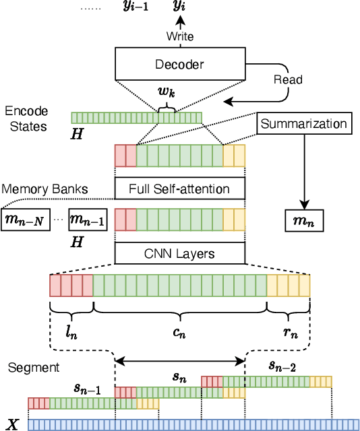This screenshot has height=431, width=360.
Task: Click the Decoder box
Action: pyautogui.click(x=180, y=64)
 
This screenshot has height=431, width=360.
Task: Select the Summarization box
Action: pyautogui.click(x=304, y=124)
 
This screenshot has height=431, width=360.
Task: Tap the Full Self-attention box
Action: pyautogui.click(x=179, y=189)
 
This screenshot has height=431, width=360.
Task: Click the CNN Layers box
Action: pyautogui.click(x=179, y=253)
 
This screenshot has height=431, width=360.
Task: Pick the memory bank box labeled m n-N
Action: pyautogui.click(x=26, y=220)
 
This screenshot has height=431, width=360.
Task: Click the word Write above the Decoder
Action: pyautogui.click(x=180, y=37)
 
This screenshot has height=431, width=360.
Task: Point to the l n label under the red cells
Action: pyautogui.click(x=71, y=330)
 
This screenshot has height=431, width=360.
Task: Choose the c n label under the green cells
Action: pyautogui.click(x=179, y=330)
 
